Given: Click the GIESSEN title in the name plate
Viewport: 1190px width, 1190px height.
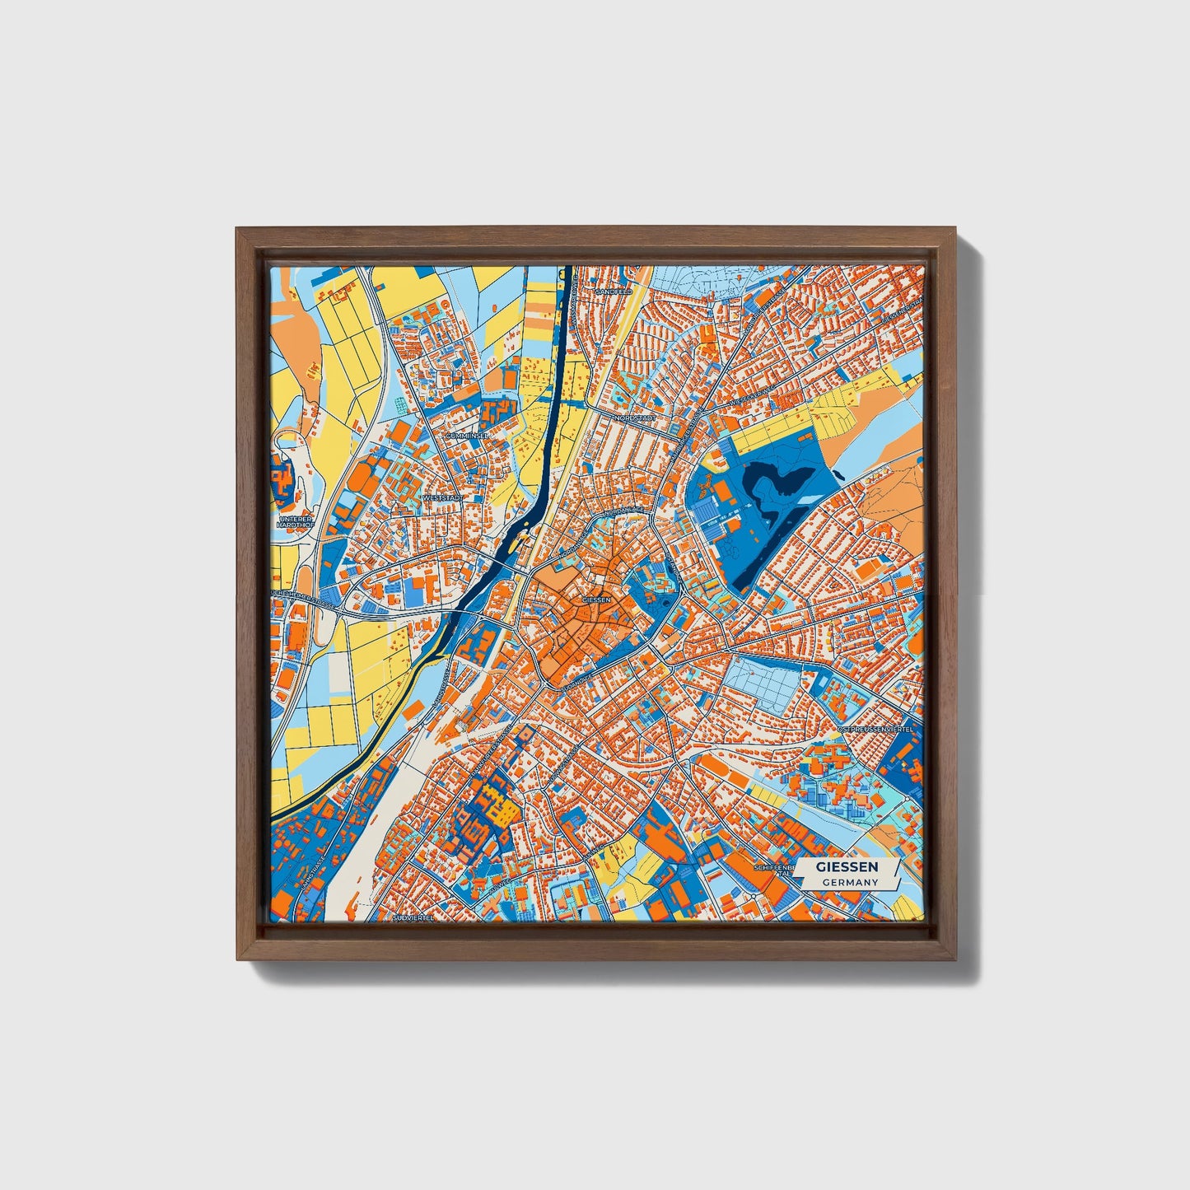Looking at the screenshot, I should (x=847, y=867).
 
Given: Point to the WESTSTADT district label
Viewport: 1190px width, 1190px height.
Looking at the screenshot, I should (x=442, y=498).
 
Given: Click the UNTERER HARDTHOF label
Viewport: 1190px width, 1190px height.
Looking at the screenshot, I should (x=292, y=522).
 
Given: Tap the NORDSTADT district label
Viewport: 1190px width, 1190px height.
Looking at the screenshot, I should (x=634, y=418).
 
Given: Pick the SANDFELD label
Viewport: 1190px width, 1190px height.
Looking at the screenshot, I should (x=613, y=292).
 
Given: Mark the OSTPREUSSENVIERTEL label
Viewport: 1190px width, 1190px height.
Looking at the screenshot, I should (x=875, y=730).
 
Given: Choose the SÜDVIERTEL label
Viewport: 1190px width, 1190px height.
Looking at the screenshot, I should (x=413, y=916).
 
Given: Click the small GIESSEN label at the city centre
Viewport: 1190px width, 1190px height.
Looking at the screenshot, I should (x=596, y=600).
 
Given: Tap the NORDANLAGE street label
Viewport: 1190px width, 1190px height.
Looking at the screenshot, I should (x=623, y=512).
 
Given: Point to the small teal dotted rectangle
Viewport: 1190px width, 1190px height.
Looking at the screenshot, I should (x=401, y=405).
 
